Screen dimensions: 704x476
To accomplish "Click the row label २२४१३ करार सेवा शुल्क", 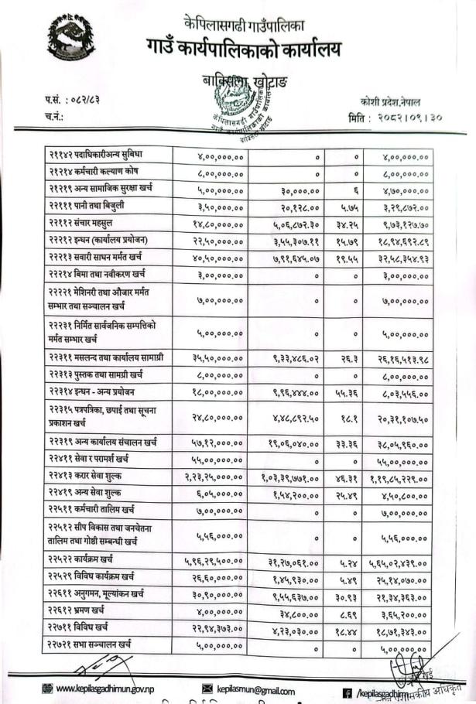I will (87, 475).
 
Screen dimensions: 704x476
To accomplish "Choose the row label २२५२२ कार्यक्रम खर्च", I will (80, 559).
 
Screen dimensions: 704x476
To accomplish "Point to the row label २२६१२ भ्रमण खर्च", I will (77, 610).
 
